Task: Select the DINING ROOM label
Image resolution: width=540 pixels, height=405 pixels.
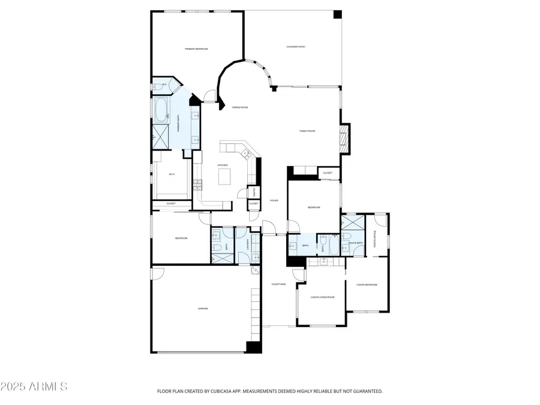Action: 240,107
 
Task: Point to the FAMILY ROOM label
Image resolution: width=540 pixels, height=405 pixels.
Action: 307,131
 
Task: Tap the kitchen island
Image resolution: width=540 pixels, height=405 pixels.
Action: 224,176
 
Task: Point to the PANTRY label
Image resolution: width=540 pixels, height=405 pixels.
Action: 254,192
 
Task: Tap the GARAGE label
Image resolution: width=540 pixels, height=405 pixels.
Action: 203,308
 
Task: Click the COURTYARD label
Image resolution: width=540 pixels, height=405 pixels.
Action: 278,284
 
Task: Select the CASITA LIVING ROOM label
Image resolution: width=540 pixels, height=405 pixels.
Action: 322,297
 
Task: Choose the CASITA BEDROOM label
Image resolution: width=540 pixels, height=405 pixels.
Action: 367,284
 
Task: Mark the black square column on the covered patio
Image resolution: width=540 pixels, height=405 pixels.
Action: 337,14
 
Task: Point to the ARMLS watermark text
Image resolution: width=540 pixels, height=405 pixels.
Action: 34,386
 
